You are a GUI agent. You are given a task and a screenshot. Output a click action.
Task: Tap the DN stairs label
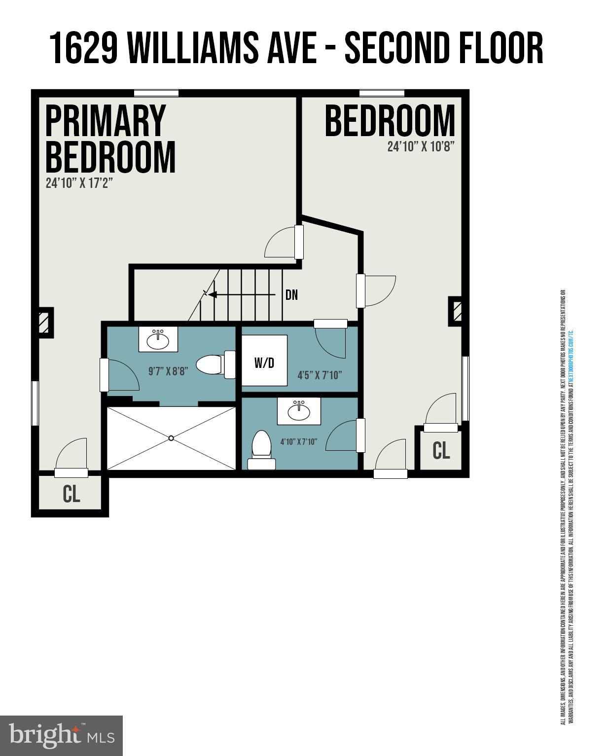[291, 295]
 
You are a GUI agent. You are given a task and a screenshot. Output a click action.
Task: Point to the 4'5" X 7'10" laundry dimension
[320, 375]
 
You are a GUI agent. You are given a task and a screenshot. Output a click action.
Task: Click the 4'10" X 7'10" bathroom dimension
[299, 441]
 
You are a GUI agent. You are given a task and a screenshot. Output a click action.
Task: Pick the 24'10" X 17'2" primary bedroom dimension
[79, 183]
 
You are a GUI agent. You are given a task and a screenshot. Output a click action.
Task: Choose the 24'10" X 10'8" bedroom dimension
[420, 146]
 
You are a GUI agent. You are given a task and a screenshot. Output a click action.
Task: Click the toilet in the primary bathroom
[215, 365]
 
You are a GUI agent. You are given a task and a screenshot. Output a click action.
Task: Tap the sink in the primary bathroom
[158, 339]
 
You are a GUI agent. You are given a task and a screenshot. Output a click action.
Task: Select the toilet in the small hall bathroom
[261, 449]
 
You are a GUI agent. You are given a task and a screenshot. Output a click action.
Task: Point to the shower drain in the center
[171, 438]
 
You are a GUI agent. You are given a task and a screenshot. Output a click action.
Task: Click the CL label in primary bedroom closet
[72, 494]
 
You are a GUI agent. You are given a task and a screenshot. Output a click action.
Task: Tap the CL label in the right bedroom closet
[441, 450]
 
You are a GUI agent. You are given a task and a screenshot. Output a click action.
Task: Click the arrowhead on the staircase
[213, 295]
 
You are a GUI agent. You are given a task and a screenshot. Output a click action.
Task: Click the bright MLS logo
[61, 735]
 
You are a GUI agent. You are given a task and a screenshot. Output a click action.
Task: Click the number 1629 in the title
[84, 48]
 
